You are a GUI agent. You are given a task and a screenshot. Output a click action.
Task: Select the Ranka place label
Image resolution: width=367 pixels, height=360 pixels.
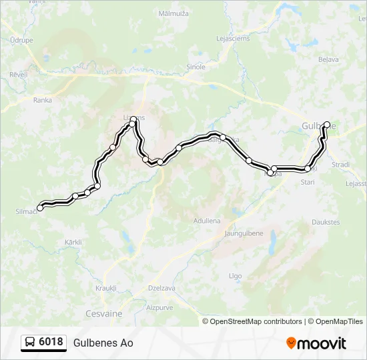(42, 100)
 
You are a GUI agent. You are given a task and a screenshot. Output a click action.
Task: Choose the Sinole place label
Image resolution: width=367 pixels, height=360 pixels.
(196, 67)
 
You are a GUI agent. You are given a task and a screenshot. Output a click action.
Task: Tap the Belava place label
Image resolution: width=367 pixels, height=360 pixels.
(329, 59)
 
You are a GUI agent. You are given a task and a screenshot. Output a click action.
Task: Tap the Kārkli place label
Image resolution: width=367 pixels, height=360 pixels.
(73, 242)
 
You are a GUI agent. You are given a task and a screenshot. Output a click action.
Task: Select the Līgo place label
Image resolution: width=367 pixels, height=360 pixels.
(236, 275)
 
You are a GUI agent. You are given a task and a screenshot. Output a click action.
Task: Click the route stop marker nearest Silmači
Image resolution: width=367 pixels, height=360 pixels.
(40, 208)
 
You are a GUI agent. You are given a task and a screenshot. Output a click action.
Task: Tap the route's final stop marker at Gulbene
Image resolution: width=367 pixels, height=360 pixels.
(327, 124)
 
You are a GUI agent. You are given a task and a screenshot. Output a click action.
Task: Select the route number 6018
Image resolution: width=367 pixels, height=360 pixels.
(51, 343)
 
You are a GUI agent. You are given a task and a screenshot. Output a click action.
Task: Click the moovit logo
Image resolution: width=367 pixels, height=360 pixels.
(316, 343)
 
